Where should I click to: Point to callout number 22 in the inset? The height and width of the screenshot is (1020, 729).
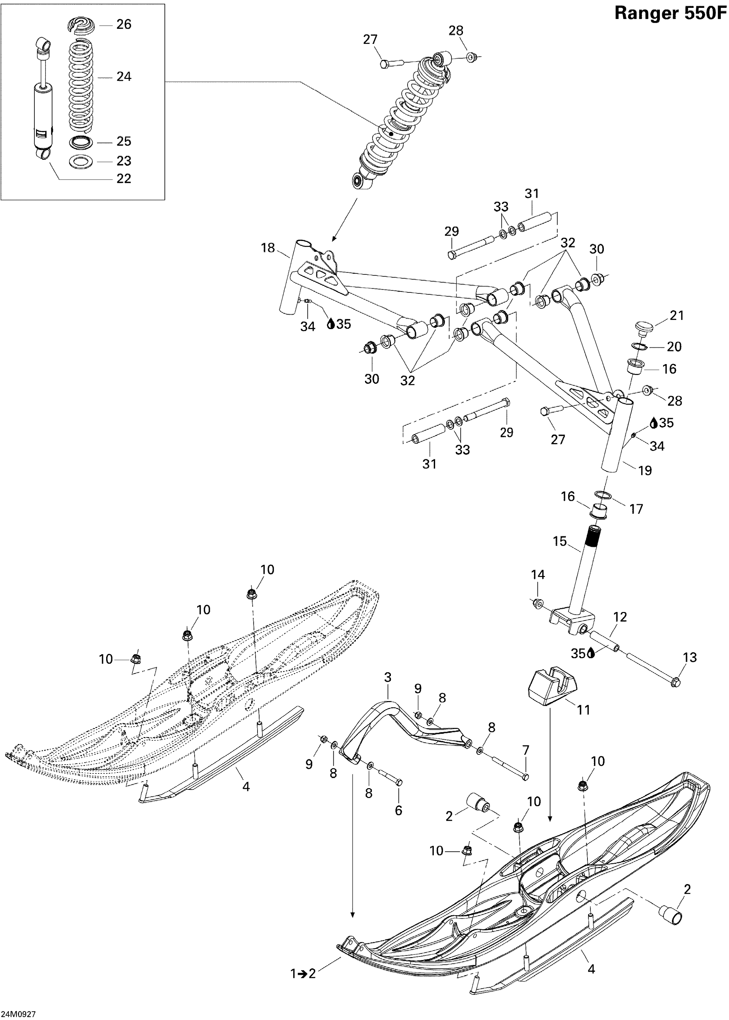coord(124,178)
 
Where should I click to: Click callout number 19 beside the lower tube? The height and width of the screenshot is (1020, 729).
coord(645,471)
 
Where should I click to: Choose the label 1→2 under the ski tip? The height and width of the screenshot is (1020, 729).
coord(303,973)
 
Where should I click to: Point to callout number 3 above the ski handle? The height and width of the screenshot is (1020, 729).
coord(388,677)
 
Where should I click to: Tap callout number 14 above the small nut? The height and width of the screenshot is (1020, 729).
coord(538,575)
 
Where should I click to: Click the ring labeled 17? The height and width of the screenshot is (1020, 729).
coord(604,495)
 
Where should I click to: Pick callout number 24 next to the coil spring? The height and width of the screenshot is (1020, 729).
coord(124,77)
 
